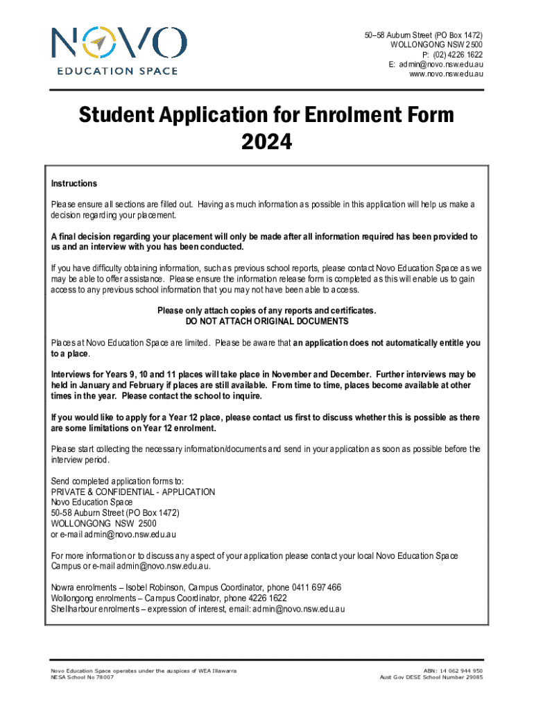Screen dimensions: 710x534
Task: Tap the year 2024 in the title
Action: pyautogui.click(x=266, y=142)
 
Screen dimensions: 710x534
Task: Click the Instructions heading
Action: pyautogui.click(x=74, y=184)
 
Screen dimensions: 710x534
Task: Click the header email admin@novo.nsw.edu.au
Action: pyautogui.click(x=441, y=64)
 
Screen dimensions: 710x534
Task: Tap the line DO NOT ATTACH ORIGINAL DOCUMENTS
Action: pyautogui.click(x=267, y=322)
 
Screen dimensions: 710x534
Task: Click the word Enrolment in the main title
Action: pyautogui.click(x=343, y=114)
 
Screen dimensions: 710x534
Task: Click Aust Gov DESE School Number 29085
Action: pyautogui.click(x=431, y=677)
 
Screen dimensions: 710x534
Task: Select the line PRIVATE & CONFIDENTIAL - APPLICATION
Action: pyautogui.click(x=133, y=492)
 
